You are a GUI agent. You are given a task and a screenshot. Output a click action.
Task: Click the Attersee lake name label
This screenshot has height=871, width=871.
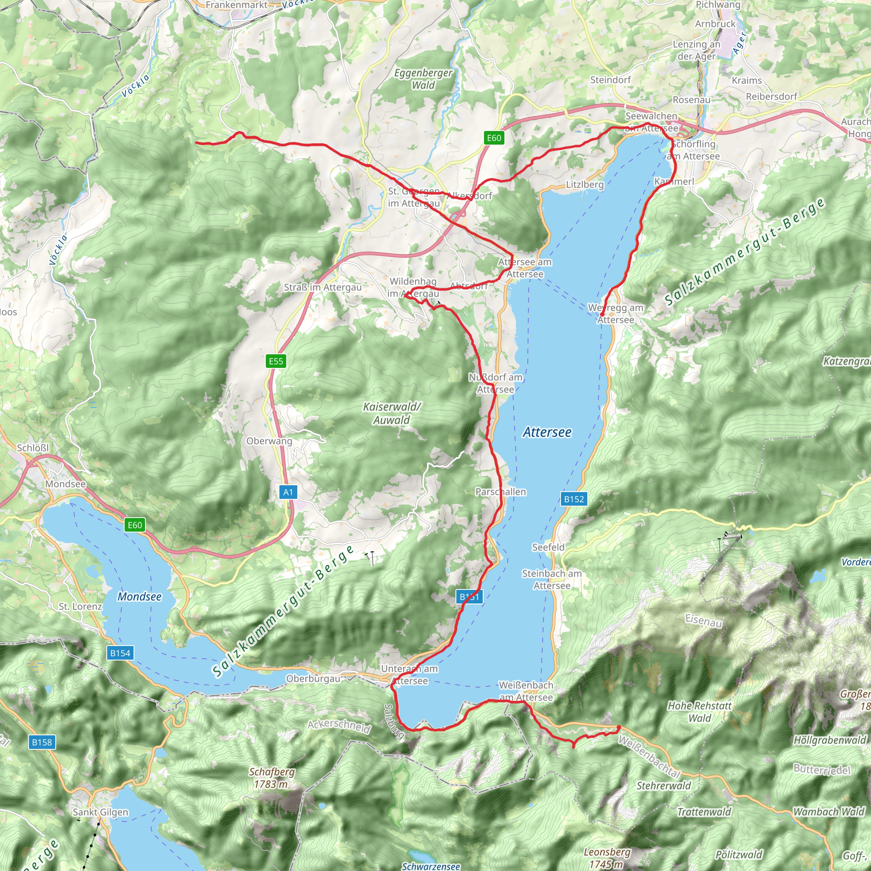(x=547, y=433)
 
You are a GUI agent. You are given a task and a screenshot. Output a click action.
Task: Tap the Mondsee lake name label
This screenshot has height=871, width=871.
(x=139, y=596)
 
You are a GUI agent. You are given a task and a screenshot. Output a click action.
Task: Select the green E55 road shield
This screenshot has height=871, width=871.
(x=276, y=361)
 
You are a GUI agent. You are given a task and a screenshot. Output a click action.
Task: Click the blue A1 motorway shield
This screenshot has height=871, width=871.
(x=288, y=492)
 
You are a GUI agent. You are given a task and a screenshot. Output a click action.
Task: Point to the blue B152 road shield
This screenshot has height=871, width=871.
(x=574, y=499)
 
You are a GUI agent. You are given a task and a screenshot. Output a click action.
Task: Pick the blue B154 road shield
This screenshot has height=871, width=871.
(x=120, y=653)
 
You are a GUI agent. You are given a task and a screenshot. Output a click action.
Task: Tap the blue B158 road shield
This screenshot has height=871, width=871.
(x=42, y=742)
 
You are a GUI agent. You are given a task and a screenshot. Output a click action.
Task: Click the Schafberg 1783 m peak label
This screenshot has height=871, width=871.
(x=272, y=778)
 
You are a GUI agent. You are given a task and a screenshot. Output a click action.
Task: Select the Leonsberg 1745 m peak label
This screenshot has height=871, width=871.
(x=607, y=857)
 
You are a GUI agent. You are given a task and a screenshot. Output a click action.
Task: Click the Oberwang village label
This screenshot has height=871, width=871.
(x=269, y=441)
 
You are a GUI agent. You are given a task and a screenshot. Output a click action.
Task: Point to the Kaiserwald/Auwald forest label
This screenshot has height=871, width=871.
(x=391, y=413)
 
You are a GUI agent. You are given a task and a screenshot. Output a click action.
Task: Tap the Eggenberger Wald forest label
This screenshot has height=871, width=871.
(x=423, y=79)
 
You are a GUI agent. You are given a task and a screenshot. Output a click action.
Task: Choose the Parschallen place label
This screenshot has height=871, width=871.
(x=501, y=492)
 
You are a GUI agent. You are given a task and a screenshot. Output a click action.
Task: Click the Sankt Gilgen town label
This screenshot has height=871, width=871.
(x=100, y=812)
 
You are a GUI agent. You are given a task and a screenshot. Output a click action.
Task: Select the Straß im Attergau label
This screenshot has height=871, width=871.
(x=323, y=287)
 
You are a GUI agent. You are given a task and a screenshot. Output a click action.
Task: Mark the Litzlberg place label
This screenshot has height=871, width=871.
(x=585, y=185)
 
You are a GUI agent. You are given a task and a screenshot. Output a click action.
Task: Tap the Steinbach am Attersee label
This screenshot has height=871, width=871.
(x=552, y=579)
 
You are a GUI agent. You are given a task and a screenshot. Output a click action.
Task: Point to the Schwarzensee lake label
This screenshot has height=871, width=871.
(x=430, y=866)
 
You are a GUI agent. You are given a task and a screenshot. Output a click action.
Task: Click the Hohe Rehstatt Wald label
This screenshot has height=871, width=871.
(x=699, y=712)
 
